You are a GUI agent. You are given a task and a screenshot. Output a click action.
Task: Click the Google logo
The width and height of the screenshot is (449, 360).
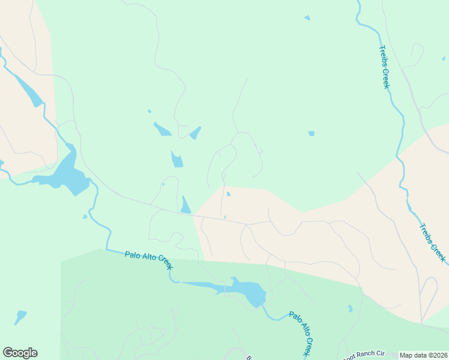point(20,352)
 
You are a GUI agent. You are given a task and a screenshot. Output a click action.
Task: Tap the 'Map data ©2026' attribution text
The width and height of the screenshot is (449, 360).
point(423,355)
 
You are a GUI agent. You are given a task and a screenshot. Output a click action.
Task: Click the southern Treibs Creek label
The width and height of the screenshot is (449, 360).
point(433,243)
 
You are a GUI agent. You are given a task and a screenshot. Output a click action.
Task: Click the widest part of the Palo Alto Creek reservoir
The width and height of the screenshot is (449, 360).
point(253,293)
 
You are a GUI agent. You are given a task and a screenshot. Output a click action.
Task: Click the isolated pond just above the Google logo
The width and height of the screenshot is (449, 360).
point(20,316)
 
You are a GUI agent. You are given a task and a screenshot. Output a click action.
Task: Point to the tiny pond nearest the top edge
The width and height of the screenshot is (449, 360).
point(307,18)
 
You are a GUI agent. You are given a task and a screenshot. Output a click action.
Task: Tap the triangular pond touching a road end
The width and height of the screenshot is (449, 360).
point(195,133)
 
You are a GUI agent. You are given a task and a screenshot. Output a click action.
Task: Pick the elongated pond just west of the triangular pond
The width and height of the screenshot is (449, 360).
point(162,129)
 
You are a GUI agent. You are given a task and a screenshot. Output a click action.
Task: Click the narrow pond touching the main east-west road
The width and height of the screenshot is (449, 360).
point(185,205)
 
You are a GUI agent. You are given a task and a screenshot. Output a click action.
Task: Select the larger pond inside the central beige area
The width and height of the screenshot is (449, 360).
point(228,194)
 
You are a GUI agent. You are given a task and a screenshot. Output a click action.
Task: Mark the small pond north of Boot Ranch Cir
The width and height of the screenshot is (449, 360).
point(350,308)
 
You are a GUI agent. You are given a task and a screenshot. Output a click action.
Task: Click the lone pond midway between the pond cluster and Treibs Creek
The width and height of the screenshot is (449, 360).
point(311,133)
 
